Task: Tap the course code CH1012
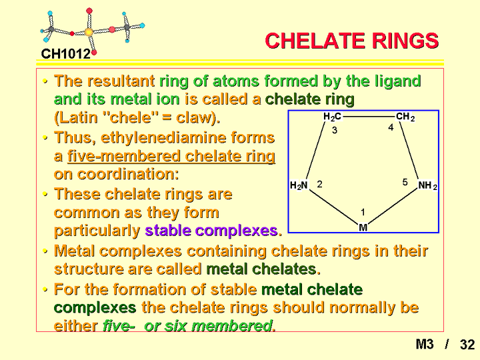pyautogui.click(x=65, y=54)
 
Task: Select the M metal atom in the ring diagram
pyautogui.click(x=363, y=227)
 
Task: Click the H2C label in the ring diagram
pyautogui.click(x=332, y=117)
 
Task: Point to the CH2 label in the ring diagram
pyautogui.click(x=405, y=117)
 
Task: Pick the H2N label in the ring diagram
pyautogui.click(x=299, y=185)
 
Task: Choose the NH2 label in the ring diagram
pyautogui.click(x=427, y=185)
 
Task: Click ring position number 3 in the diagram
pyautogui.click(x=335, y=131)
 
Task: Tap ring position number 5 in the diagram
pyautogui.click(x=405, y=183)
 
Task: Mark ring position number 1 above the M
pyautogui.click(x=363, y=212)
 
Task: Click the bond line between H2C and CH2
pyautogui.click(x=369, y=117)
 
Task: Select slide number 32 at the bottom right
pyautogui.click(x=467, y=345)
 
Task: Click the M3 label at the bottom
pyautogui.click(x=425, y=345)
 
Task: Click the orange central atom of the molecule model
pyautogui.click(x=89, y=31)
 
